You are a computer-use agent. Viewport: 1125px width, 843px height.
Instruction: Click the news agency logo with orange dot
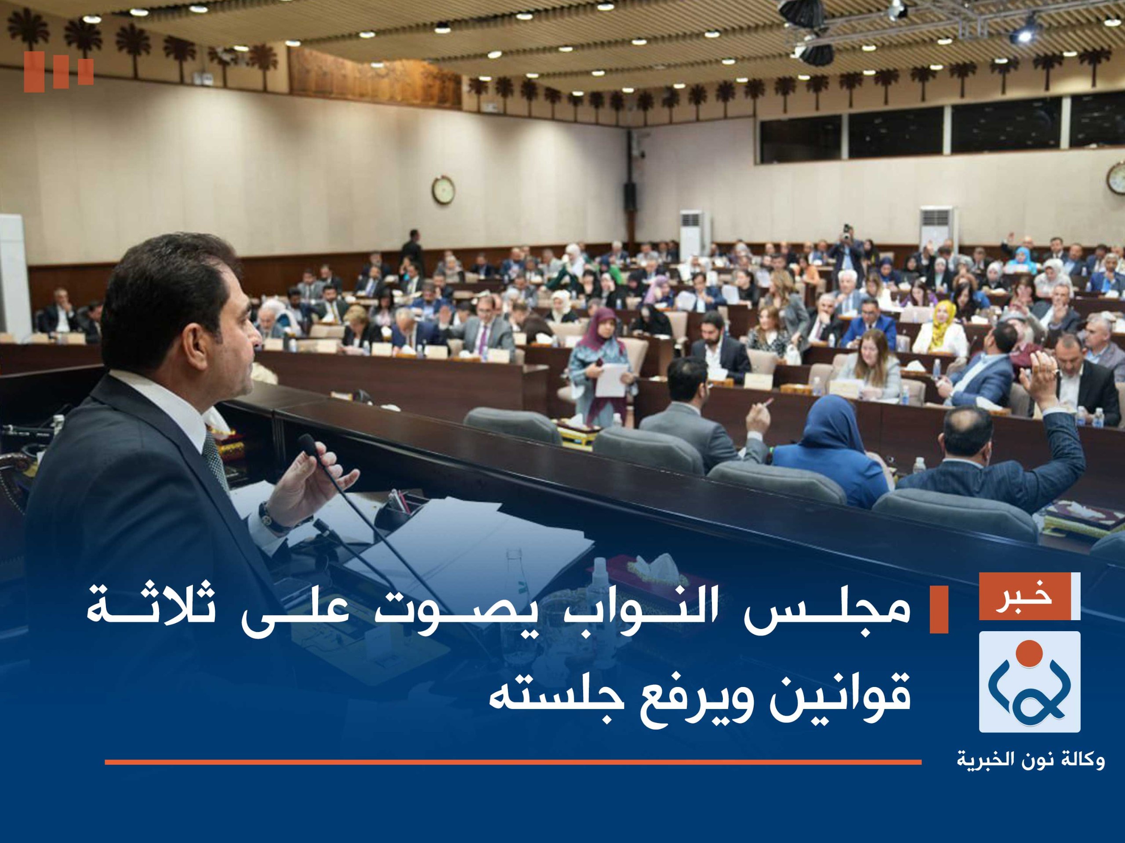click(x=1029, y=682)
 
